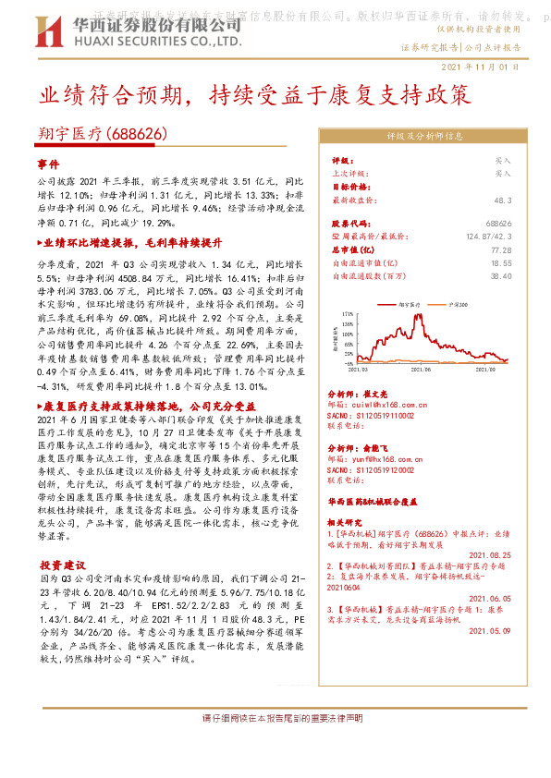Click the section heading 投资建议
pos(62,564)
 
